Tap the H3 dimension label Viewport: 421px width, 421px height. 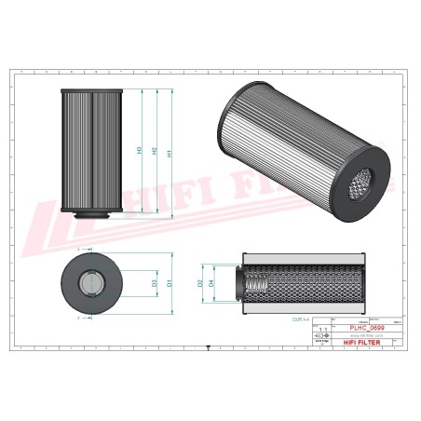click(140, 150)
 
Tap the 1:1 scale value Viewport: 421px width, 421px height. click(322, 329)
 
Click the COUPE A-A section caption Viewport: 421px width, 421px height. click(277, 317)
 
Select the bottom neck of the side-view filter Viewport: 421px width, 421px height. click(91, 219)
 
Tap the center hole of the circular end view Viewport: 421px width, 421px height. click(91, 281)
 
